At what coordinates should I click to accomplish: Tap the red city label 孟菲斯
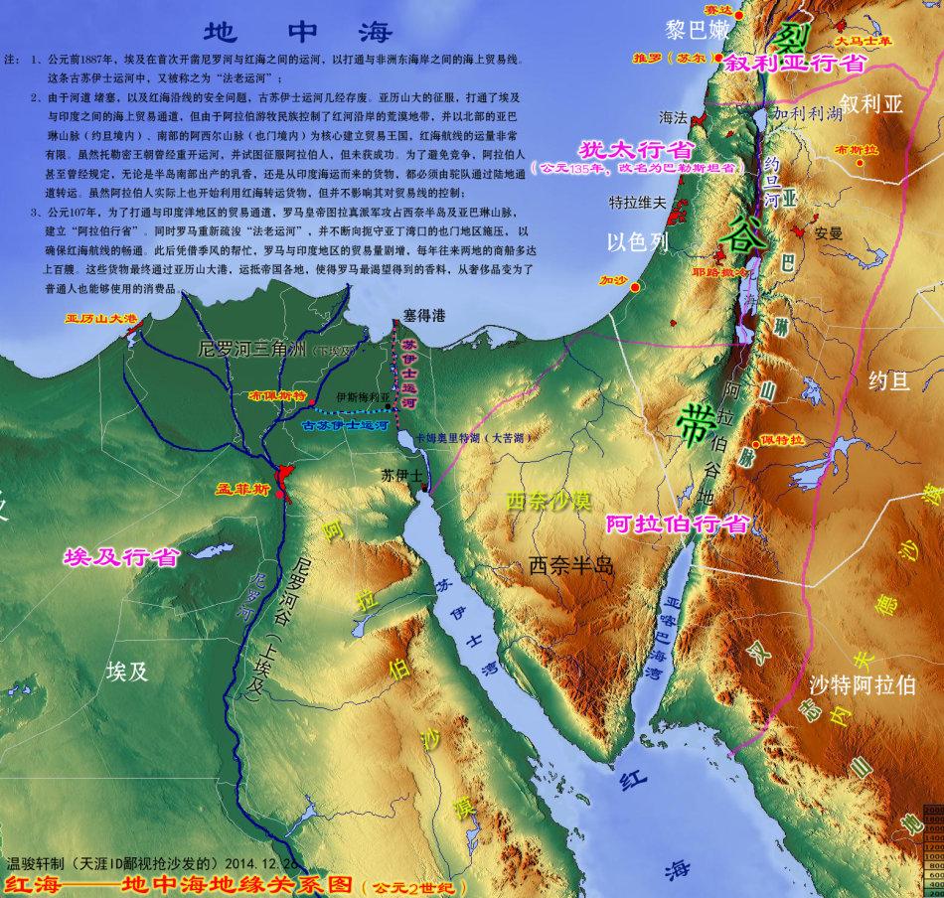tap(242, 490)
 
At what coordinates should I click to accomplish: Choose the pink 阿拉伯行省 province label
tap(677, 524)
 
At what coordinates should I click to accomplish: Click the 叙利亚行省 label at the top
tap(795, 63)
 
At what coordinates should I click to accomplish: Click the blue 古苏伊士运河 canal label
tap(344, 424)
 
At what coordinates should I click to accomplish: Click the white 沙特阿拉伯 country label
tap(863, 685)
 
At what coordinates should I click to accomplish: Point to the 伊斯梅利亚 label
tap(364, 395)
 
